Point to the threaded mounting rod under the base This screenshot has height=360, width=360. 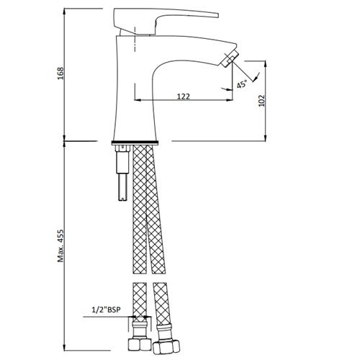pos(122,173)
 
